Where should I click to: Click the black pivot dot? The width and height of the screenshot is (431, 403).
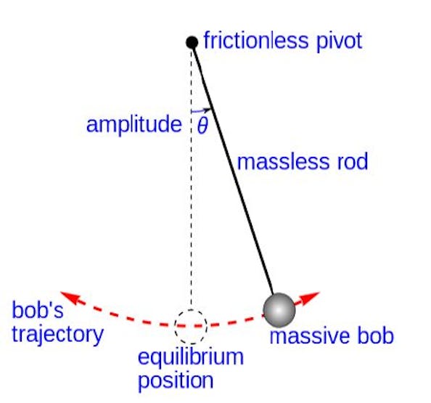192,42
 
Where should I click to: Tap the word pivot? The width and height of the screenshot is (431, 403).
339,42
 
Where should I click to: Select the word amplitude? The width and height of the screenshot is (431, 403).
134,125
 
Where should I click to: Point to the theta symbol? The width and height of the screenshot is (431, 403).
202,126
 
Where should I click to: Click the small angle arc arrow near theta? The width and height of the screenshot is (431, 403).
201,111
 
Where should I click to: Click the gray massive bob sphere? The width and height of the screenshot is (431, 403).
279,310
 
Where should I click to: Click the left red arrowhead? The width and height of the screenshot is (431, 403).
69,296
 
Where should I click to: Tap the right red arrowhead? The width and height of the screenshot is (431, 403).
311,296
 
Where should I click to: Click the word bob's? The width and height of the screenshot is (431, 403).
38,310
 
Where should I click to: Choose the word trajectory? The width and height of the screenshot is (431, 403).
58,335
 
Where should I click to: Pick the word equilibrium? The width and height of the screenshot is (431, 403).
191,357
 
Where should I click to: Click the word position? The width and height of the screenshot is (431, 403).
176,380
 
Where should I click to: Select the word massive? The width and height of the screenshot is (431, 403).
310,336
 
